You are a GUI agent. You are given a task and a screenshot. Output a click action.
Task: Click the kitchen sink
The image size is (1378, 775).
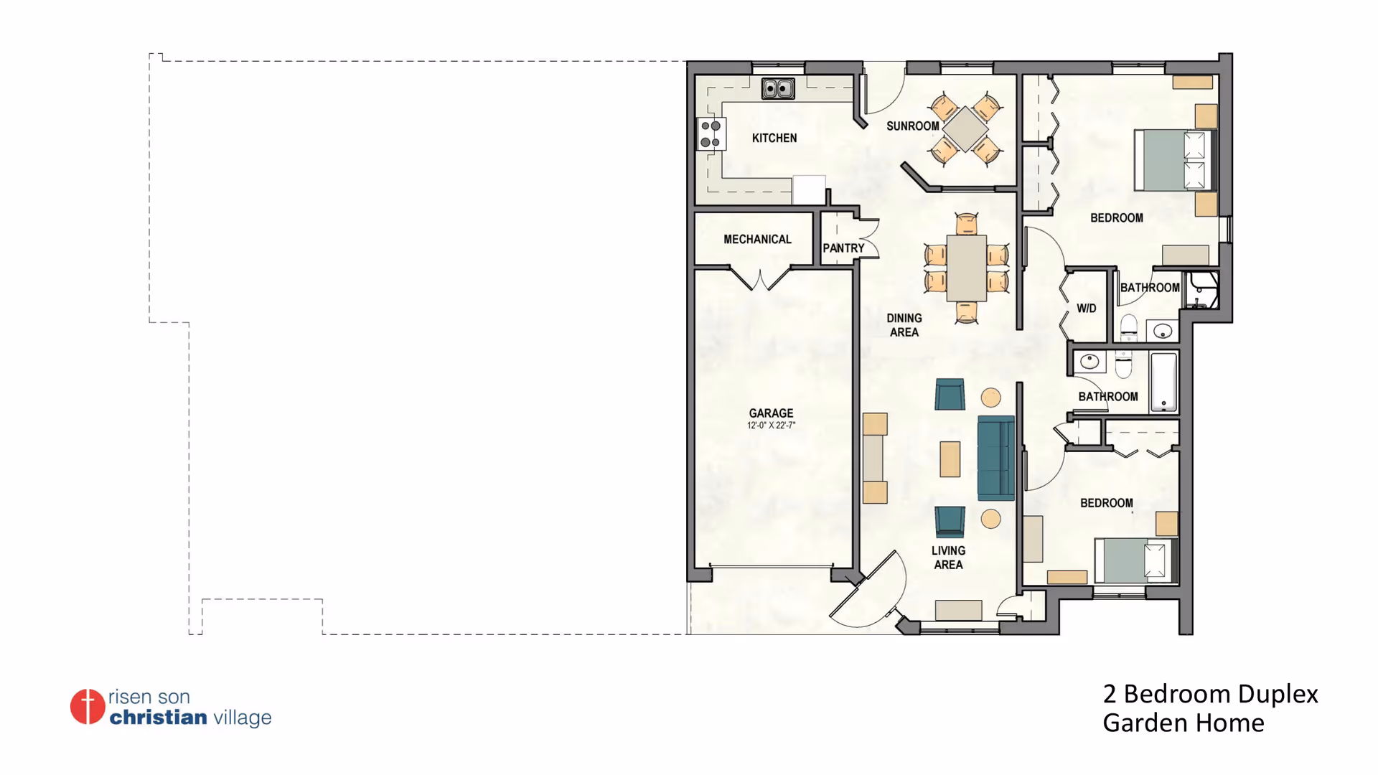[778, 88]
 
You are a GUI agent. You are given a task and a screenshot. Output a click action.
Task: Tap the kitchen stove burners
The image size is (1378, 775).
[711, 134]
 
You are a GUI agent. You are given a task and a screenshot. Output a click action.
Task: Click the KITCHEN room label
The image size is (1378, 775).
[774, 138]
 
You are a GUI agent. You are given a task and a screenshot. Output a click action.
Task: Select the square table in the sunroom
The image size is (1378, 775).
[965, 129]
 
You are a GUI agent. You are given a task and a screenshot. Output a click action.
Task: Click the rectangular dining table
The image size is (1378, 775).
[966, 268]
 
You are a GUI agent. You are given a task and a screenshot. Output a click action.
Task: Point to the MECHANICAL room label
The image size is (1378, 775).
[757, 239]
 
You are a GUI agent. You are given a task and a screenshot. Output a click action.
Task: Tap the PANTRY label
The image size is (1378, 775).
[843, 248]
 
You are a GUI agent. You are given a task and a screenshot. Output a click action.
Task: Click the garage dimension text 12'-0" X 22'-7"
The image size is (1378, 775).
[771, 426]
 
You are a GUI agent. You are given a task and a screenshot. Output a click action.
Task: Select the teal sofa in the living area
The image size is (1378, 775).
[996, 458]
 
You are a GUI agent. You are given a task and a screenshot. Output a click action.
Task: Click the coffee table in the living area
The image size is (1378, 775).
[950, 459]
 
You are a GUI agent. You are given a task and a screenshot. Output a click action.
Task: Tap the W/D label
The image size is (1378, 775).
[1086, 309]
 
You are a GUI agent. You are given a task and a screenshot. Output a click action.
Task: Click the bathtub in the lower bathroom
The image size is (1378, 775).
[1163, 382]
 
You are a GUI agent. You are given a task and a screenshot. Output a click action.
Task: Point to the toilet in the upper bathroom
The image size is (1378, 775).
[1129, 328]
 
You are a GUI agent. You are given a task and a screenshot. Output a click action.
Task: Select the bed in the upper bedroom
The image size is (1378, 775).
[1174, 160]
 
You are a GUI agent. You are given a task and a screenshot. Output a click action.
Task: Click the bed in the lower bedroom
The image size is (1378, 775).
[1135, 560]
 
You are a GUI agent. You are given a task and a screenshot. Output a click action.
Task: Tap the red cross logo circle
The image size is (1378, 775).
[88, 707]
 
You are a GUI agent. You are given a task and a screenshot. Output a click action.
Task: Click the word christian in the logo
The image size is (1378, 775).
[158, 717]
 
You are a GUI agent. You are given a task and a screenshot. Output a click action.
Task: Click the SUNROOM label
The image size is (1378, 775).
[912, 126]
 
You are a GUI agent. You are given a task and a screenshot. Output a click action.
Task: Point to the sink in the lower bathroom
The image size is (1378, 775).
[1089, 361]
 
